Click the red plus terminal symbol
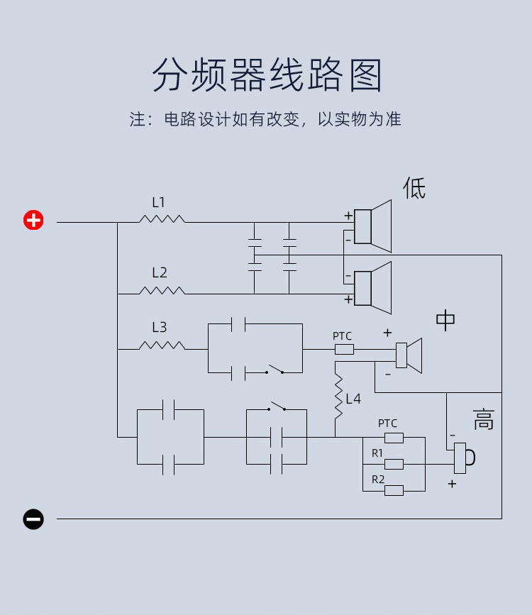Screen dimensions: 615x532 click(x=33, y=220)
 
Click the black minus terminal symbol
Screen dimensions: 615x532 click(x=33, y=519)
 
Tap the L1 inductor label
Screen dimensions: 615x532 click(x=158, y=202)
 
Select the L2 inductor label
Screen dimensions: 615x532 click(x=159, y=272)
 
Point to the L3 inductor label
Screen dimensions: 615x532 click(x=159, y=327)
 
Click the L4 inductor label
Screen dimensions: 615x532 click(x=353, y=399)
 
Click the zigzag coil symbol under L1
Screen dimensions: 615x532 click(x=162, y=219)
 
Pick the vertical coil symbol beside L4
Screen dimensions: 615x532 click(x=338, y=398)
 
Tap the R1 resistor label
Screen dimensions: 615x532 click(x=377, y=453)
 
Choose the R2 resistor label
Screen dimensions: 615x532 click(x=378, y=480)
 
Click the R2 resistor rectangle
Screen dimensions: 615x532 click(x=394, y=490)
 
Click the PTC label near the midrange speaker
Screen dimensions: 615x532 click(x=342, y=336)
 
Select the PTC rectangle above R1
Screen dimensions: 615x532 click(x=394, y=438)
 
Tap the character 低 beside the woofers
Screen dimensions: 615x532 click(x=414, y=188)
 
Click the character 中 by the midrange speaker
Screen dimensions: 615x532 click(x=445, y=321)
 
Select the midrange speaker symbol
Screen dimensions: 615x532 click(x=409, y=355)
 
